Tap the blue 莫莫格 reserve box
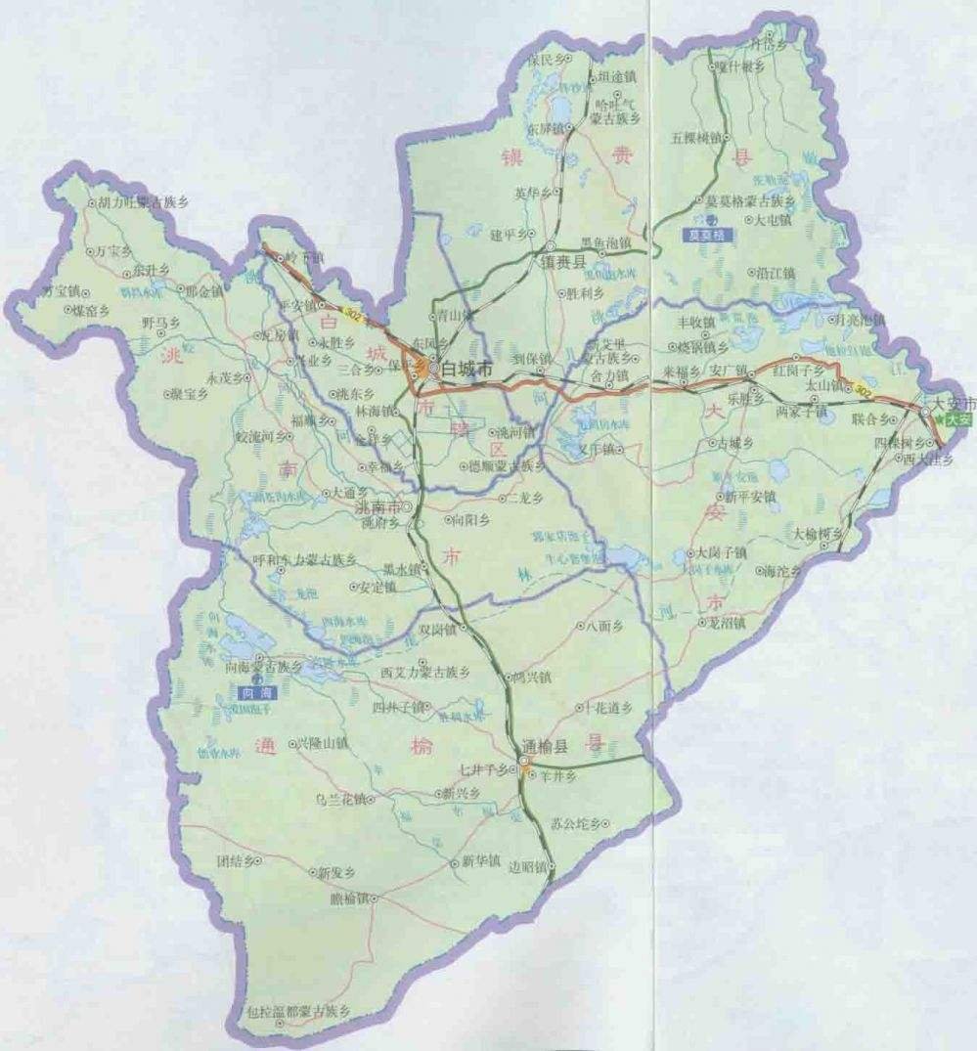pos(704,235)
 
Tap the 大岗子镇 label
pos(722,552)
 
